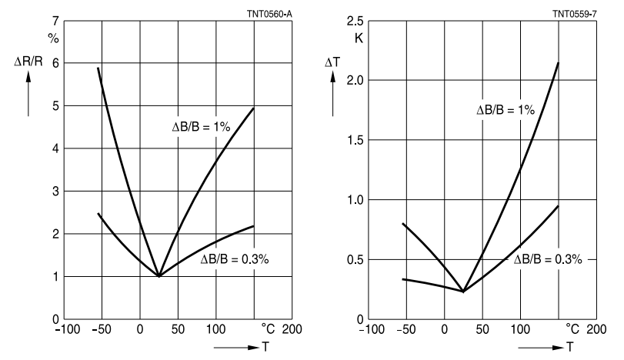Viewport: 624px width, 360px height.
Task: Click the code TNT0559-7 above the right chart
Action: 574,13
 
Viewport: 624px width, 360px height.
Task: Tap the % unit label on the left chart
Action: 54,38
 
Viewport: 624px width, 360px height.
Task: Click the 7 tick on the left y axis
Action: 54,20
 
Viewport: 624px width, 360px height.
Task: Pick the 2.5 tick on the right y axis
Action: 353,20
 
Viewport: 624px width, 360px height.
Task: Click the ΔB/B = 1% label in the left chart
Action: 201,125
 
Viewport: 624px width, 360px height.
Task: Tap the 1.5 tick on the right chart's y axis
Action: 353,140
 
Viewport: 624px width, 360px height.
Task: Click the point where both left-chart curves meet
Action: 159,275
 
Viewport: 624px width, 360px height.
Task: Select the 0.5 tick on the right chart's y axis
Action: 353,259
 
